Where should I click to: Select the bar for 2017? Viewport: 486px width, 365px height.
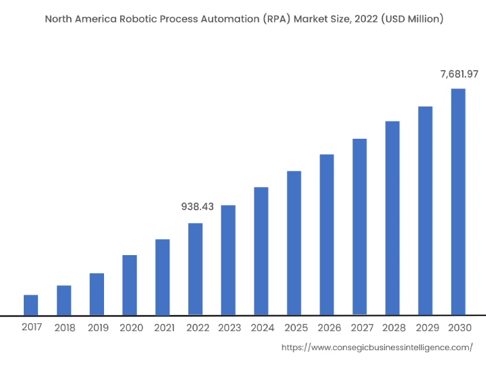[x=31, y=305]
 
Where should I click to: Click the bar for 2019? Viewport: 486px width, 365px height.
[x=96, y=294]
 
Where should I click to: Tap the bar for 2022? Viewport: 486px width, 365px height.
[x=195, y=269]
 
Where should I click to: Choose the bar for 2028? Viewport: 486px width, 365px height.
[x=392, y=218]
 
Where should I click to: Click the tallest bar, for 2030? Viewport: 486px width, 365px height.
[x=458, y=202]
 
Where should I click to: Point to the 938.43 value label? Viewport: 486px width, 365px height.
[x=197, y=207]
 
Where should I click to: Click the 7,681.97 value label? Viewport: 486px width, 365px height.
[x=459, y=75]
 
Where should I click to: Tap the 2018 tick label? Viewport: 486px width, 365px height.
[x=65, y=328]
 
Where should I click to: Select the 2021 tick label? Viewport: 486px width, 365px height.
[x=164, y=328]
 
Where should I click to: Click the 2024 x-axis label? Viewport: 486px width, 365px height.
[x=263, y=328]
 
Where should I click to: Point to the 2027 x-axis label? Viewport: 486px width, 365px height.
[x=361, y=328]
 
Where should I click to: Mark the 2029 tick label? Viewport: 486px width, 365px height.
[x=427, y=328]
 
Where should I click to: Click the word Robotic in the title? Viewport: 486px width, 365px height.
[x=139, y=19]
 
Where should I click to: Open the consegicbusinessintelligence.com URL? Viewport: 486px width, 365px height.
[x=378, y=347]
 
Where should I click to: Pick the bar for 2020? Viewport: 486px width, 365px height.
[x=130, y=285]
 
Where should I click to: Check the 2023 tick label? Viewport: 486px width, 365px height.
[x=229, y=328]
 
